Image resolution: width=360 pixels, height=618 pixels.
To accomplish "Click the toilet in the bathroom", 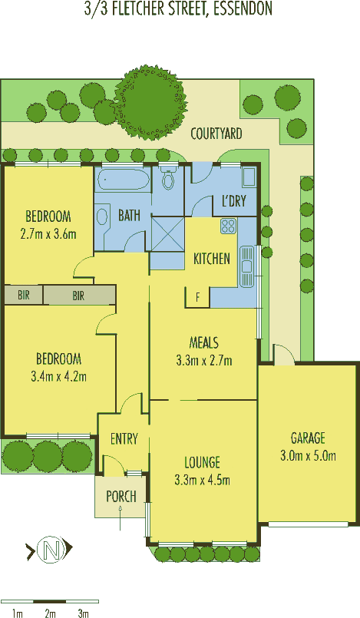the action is (x=169, y=178).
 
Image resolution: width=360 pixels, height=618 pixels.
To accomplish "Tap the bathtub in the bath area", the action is (x=124, y=180).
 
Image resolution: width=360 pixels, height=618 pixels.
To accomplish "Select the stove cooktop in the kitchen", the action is (x=229, y=226).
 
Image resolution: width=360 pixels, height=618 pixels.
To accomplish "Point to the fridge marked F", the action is (x=197, y=297).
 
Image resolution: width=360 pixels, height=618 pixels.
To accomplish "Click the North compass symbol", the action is (x=50, y=548).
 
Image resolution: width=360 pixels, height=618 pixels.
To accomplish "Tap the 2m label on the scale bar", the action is (x=50, y=613).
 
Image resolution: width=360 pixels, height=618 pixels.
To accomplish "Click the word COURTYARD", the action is (x=216, y=134).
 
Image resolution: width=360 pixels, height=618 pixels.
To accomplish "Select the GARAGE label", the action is (x=308, y=438).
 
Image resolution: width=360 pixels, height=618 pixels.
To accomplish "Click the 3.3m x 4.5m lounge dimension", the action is (x=202, y=480).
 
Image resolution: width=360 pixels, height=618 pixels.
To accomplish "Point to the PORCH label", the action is (x=121, y=496).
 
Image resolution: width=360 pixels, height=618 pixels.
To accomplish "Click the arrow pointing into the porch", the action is (x=121, y=518).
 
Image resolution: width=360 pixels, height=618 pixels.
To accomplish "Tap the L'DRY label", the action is (x=233, y=201).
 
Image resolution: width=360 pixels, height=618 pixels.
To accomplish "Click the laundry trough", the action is (x=249, y=177).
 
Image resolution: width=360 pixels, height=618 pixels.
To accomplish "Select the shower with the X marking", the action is (x=168, y=233).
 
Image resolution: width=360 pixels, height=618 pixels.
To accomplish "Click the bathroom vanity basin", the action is (x=102, y=216).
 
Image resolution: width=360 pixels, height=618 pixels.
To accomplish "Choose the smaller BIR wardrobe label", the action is (x=23, y=295).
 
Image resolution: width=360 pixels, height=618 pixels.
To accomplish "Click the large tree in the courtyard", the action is (x=150, y=102).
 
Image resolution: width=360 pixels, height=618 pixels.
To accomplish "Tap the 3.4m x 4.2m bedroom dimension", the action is (x=58, y=376).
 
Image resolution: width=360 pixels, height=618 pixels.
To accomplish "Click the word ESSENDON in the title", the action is (x=243, y=8).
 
